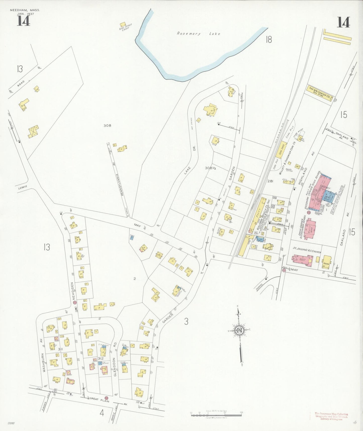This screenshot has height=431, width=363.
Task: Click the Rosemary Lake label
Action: coord(198,33)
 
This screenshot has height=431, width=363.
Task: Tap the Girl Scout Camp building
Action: coord(123,25)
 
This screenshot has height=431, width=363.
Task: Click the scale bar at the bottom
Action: coord(216,414)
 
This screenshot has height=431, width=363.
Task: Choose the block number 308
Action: coord(107,125)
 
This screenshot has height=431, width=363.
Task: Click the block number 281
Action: coord(270,181)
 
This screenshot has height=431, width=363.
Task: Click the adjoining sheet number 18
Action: coord(269,39)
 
